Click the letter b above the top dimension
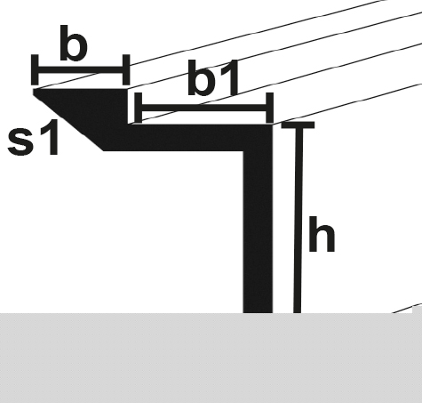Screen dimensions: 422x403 (x=74, y=44)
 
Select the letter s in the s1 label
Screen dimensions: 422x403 (x=21, y=141)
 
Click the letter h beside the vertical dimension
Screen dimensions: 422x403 (x=322, y=234)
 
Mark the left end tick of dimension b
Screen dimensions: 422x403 (x=35, y=70)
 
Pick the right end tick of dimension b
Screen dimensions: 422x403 (x=126, y=70)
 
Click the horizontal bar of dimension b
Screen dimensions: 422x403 (x=81, y=70)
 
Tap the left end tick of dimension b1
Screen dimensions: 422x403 (x=139, y=108)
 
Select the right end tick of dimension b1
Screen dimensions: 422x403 (x=269, y=108)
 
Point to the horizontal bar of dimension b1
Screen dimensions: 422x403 (x=204, y=108)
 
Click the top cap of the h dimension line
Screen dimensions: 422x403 (x=298, y=125)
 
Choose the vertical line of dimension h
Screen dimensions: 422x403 (x=299, y=219)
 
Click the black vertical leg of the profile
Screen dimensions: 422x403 (x=258, y=231)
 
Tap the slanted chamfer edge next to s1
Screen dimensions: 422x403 (x=68, y=121)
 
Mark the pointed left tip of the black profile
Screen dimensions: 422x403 (x=34, y=90)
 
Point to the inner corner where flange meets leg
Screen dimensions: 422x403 (x=243, y=151)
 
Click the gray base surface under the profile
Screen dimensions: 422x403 (x=211, y=358)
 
